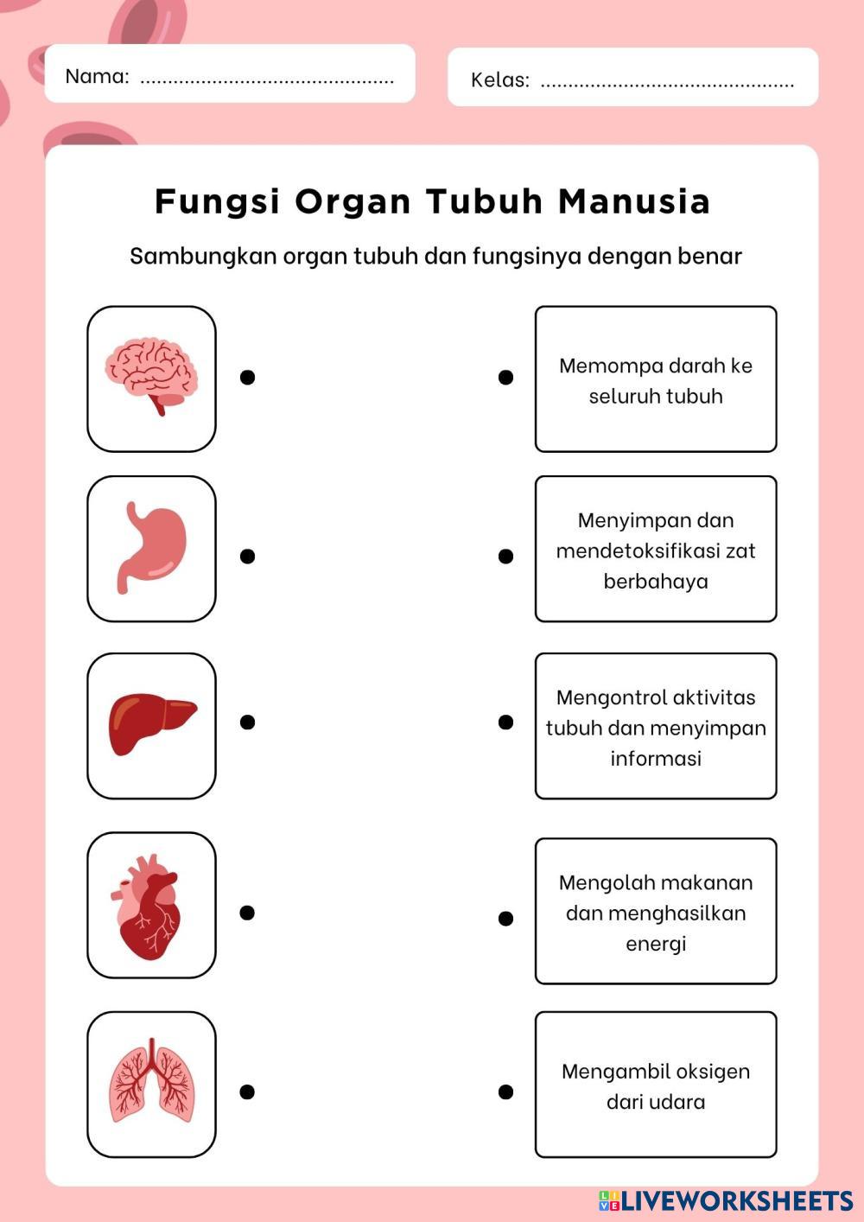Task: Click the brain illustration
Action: [x=151, y=377]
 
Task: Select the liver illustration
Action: [x=151, y=724]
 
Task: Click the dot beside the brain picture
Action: [x=247, y=377]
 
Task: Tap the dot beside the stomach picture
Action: [x=247, y=556]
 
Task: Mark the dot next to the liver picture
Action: [x=247, y=722]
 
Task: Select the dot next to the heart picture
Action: [x=247, y=913]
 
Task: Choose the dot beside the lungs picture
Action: [x=247, y=1092]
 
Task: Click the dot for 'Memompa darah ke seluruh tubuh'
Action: [x=506, y=377]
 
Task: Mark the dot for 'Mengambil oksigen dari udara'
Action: [x=506, y=1092]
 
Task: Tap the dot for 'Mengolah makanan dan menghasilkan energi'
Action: [x=506, y=918]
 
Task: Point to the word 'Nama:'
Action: [x=97, y=76]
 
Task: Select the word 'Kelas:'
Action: [x=500, y=80]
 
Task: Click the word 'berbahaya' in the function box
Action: [x=656, y=581]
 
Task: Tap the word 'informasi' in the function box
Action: [x=656, y=758]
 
